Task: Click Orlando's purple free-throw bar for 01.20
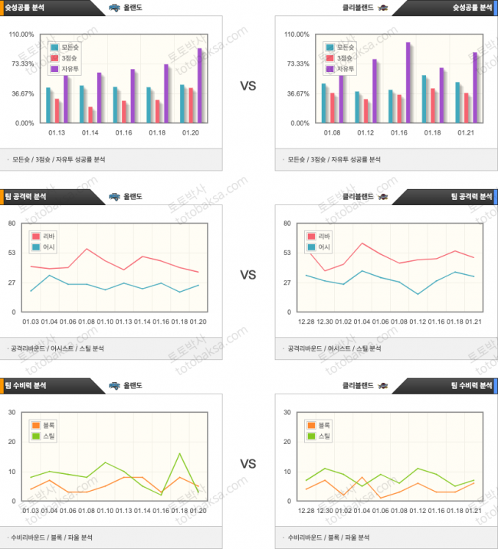point(200,86)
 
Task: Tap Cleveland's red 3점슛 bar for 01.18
point(433,106)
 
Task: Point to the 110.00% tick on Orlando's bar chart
point(21,34)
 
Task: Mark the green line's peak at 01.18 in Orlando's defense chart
point(179,454)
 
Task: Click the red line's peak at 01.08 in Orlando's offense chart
point(87,249)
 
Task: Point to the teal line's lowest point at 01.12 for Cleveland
point(418,294)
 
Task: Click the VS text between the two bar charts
point(248,87)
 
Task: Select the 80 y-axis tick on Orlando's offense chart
point(12,224)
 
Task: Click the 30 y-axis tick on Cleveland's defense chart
point(288,413)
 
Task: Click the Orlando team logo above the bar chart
point(114,8)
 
